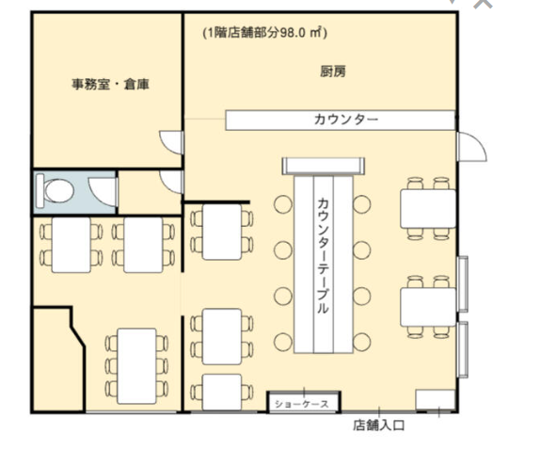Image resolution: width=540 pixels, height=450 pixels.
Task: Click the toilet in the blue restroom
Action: tap(56, 191)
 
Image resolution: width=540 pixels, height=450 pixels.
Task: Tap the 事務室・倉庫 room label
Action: tap(110, 84)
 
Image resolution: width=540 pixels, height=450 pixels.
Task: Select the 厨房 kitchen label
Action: tap(333, 72)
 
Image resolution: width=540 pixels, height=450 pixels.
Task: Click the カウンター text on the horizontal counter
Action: tap(346, 120)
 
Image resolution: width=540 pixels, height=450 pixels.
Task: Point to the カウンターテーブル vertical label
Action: tap(323, 255)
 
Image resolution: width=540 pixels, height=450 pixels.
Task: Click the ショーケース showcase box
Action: tap(304, 402)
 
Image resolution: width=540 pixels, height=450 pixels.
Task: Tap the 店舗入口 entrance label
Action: tap(378, 426)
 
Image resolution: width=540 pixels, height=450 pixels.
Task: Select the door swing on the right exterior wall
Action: tap(472, 147)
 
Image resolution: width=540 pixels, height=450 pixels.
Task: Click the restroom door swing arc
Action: tap(103, 191)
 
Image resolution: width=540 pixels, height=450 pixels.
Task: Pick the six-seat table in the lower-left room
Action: tap(136, 366)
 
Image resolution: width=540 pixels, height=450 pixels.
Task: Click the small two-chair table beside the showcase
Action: tap(222, 393)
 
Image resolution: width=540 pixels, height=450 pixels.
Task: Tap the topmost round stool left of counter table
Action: tap(283, 204)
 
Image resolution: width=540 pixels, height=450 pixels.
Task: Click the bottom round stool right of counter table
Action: tap(361, 342)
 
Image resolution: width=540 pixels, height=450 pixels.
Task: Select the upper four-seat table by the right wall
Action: tap(428, 208)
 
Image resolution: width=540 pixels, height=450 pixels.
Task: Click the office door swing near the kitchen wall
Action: tap(171, 142)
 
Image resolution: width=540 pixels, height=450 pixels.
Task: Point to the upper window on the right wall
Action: tap(463, 284)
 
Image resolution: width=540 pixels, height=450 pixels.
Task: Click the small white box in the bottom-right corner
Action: tap(436, 400)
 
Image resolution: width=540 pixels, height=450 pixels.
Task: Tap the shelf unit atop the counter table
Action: tap(323, 166)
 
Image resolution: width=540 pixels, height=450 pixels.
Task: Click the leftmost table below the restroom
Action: tap(71, 245)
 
